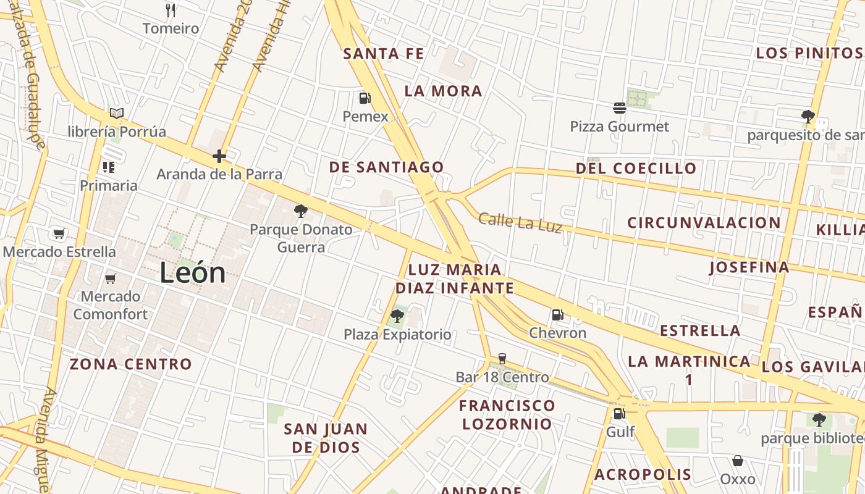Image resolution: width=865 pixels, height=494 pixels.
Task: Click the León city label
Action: [x=193, y=273]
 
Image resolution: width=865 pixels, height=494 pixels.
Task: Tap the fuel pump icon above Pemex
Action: [x=365, y=98]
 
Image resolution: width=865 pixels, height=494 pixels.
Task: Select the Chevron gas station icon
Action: [x=557, y=316]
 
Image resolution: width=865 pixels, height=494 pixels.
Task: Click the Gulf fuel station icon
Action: [x=619, y=414]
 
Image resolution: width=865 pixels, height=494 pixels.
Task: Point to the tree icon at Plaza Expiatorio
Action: [x=397, y=317]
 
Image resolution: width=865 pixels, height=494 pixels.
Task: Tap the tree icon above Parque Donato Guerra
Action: [x=301, y=212]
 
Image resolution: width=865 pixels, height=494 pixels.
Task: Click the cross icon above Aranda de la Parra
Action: [x=219, y=156]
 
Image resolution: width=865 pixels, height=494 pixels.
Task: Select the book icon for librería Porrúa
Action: [x=117, y=113]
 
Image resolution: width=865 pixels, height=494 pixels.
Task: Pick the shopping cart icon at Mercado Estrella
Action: [x=59, y=233]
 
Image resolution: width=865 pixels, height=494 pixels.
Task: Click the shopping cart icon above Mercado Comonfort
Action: [x=111, y=278]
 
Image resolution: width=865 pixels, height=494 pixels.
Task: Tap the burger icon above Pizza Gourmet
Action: [x=620, y=109]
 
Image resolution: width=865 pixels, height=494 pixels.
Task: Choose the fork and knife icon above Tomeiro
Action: [x=171, y=10]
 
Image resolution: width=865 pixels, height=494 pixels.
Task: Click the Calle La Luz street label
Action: [x=520, y=222]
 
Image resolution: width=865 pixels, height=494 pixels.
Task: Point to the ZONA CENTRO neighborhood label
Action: [x=130, y=364]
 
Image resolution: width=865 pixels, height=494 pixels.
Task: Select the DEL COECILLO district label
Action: [x=636, y=168]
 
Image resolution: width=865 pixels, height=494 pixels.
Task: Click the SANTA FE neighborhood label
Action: [x=384, y=54]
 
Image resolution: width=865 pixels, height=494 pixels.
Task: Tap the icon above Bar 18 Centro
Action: [x=502, y=359]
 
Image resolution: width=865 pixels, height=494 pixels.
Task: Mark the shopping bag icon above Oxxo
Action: [x=738, y=461]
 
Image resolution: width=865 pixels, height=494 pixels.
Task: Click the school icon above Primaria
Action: [x=109, y=167]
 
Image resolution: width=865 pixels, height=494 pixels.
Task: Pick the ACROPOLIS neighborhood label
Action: [x=643, y=474]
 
